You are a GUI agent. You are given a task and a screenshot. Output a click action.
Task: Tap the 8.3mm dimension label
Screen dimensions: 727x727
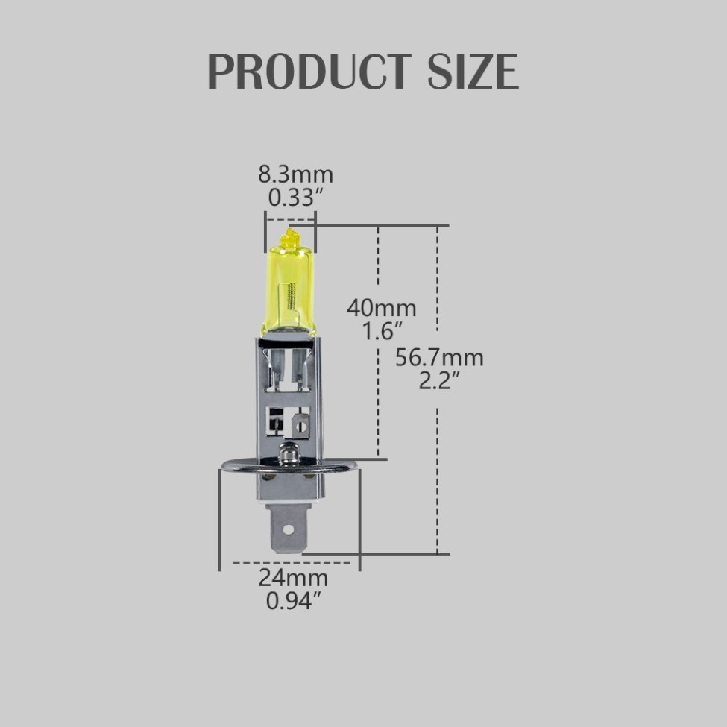(295, 175)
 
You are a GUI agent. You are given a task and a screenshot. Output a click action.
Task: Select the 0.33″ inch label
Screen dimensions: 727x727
(295, 198)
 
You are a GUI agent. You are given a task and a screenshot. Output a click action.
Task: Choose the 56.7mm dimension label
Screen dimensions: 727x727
(439, 358)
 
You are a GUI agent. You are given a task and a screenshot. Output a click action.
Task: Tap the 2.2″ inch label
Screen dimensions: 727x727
(438, 381)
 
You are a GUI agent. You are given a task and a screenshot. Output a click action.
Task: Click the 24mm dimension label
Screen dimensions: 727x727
(293, 577)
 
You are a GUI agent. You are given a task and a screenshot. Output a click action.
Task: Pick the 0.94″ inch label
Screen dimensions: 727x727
(293, 599)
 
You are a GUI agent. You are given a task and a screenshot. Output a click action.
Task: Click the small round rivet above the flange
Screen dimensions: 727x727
(287, 450)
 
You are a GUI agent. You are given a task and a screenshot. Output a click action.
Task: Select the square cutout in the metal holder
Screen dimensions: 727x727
(276, 422)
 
